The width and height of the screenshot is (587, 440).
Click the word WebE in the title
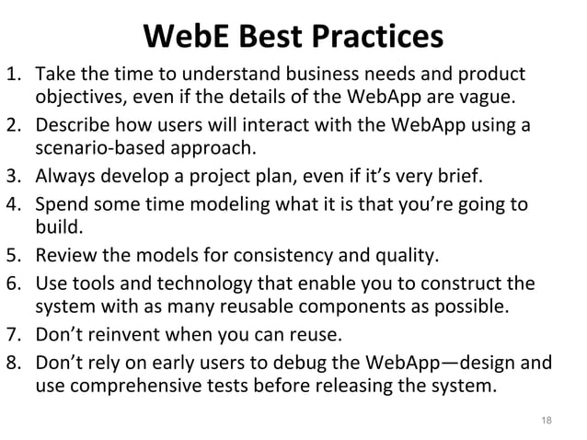(187, 37)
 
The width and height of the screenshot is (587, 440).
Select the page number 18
(547, 421)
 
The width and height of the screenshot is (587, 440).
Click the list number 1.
(14, 74)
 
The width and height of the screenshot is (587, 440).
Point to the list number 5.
(14, 255)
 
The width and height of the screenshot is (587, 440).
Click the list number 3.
(14, 176)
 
